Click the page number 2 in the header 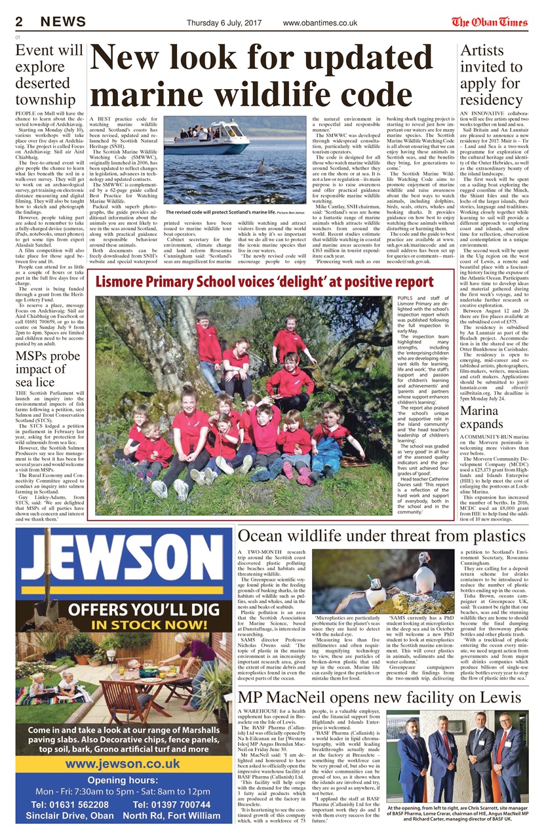point(19,22)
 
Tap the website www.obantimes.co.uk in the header point(320,23)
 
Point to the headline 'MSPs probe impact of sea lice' point(49,370)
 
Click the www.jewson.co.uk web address point(123,764)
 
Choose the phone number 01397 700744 point(176,804)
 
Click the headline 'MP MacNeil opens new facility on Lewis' point(379,697)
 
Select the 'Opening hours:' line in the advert point(123,780)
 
